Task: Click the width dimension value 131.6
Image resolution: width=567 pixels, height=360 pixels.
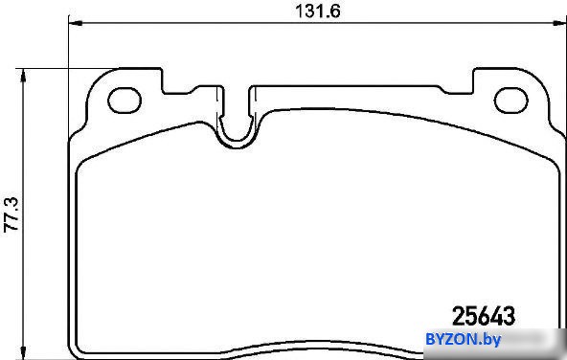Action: point(318,11)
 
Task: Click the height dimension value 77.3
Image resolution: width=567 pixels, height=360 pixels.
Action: point(11,214)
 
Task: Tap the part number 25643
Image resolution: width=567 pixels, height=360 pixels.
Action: point(484,316)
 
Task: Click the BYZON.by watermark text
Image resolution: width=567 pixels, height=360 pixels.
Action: point(464,339)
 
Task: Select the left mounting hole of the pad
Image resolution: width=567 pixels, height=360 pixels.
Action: point(125,101)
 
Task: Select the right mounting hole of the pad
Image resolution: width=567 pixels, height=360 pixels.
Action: point(510,101)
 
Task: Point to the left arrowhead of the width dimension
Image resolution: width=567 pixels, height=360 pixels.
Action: point(76,23)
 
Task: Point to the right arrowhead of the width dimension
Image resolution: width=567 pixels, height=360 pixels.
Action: point(559,23)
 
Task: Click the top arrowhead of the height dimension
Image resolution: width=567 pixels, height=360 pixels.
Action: point(24,76)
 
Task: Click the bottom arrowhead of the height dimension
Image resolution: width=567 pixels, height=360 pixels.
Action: point(24,352)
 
